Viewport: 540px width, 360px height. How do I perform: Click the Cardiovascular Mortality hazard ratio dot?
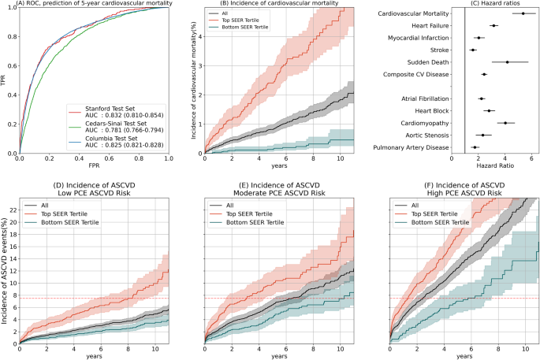tap(501, 13)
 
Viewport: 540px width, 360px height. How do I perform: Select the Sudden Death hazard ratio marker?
tap(486, 62)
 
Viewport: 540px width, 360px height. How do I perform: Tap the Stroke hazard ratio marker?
tap(473, 50)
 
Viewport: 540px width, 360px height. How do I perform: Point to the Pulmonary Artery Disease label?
tap(409, 147)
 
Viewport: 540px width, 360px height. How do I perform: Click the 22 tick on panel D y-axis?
tap(11, 210)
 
